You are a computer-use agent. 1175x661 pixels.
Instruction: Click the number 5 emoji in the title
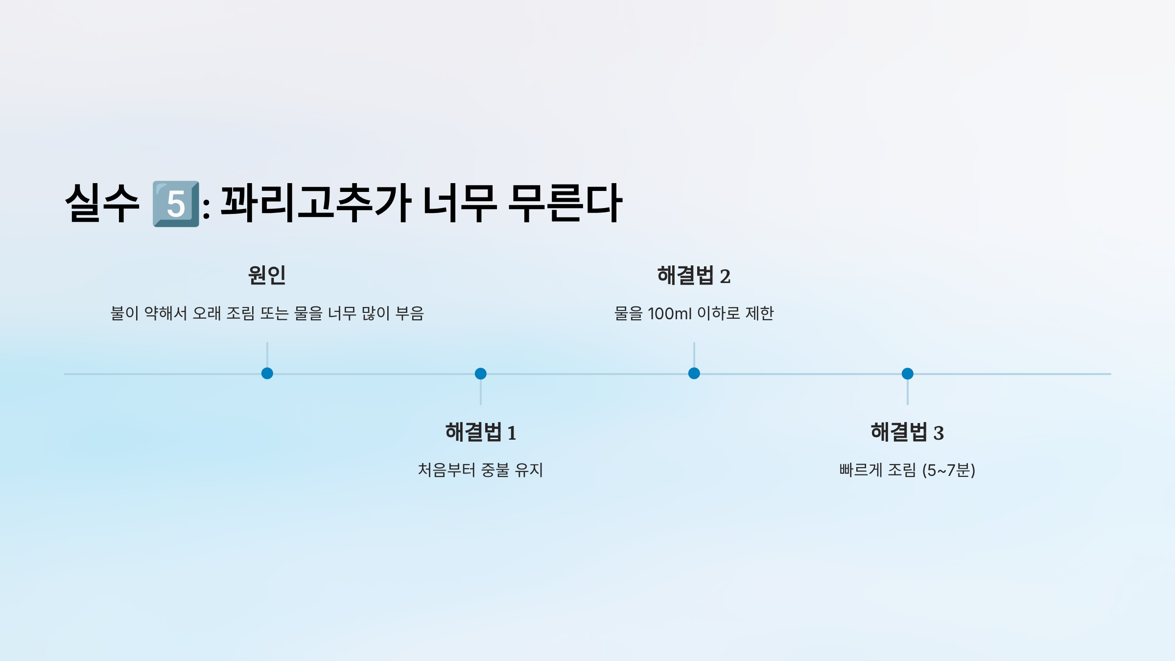(176, 204)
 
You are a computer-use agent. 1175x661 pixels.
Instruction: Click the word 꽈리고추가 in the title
(316, 204)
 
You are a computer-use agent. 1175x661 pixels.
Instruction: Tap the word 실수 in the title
(102, 204)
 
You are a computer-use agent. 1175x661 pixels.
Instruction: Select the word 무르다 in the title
(565, 204)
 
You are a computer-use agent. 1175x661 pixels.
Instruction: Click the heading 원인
(267, 275)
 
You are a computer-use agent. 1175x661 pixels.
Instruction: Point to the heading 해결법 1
(480, 432)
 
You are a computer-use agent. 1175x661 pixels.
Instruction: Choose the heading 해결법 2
(694, 276)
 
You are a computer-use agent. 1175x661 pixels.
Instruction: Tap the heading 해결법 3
(907, 432)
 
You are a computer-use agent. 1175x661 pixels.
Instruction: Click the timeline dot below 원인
(267, 374)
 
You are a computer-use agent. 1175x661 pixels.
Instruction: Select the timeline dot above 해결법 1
(481, 374)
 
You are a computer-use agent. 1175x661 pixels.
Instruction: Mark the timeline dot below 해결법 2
(694, 374)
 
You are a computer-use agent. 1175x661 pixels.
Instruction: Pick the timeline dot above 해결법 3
(908, 374)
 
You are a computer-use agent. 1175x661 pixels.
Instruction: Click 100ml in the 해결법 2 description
(669, 313)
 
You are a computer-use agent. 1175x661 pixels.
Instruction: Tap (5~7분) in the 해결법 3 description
(949, 470)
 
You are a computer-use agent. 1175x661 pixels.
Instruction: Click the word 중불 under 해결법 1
(495, 470)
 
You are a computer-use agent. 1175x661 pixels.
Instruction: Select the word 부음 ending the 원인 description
(409, 313)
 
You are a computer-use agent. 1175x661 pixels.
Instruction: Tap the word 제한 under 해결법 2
(759, 313)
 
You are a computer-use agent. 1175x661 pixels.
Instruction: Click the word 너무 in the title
(460, 204)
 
